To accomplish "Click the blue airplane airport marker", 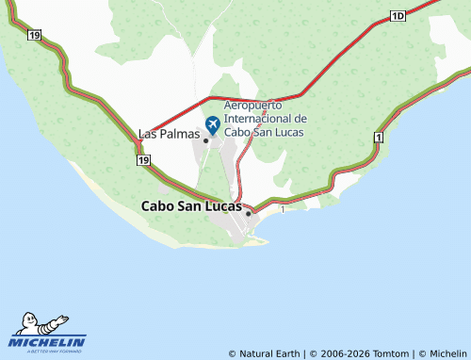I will pos(212,123).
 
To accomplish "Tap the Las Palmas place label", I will pos(170,134).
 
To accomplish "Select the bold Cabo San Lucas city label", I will pos(191,205).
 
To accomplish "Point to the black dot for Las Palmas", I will pos(205,140).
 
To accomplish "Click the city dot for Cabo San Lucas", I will pos(248,213).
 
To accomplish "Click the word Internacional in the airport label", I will pos(258,119).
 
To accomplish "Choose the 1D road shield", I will pos(398,16).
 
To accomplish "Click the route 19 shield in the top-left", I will pos(35,35).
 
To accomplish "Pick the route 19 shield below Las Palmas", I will pos(142,161).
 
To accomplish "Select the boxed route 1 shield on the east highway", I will pos(379,138).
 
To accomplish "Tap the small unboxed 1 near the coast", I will pos(282,209).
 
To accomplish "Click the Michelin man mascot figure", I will pos(41,322).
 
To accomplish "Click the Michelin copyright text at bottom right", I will pos(442,353).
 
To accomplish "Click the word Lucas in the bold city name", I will pos(219,205).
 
